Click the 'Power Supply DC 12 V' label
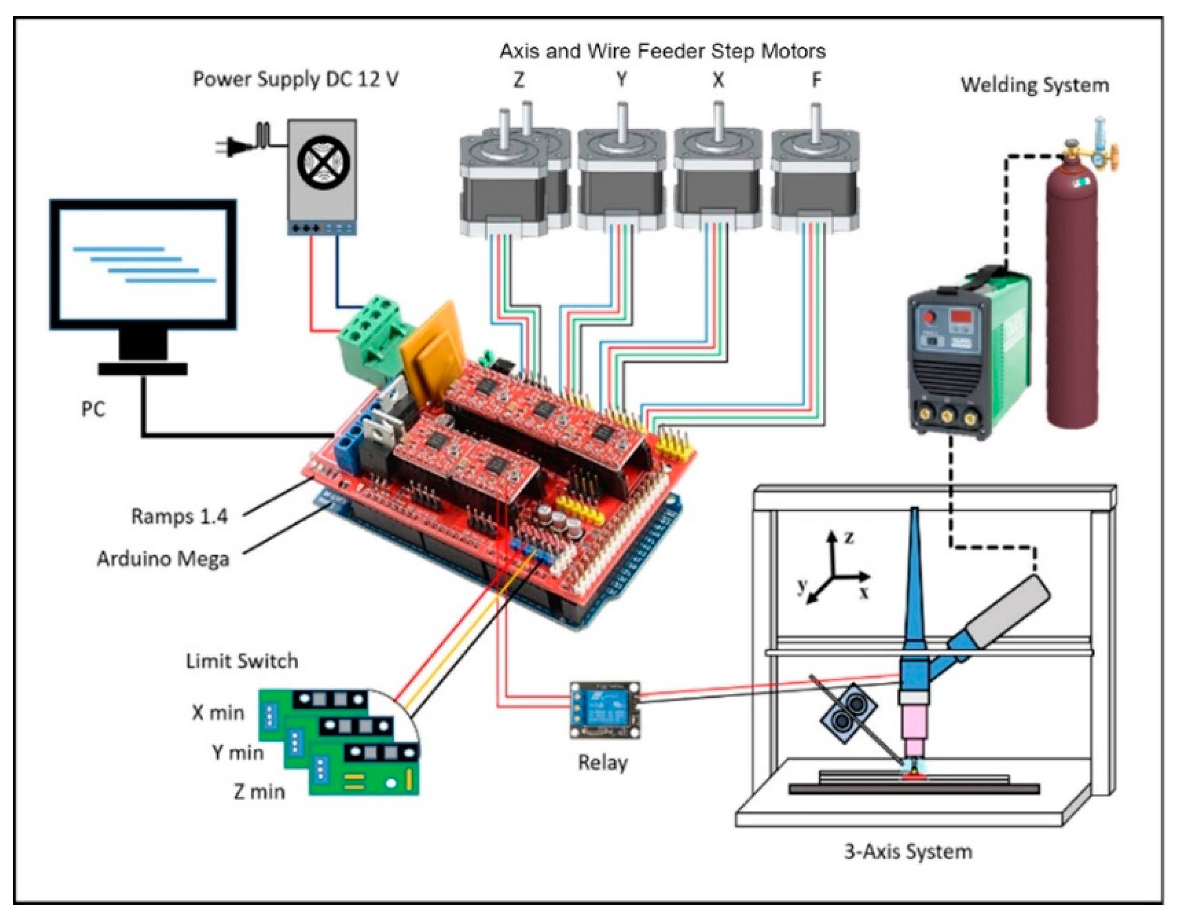[x=296, y=80]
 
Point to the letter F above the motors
[x=816, y=80]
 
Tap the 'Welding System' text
[x=1035, y=85]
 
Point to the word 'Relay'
[x=603, y=763]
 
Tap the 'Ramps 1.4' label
[x=179, y=516]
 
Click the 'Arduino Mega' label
[x=163, y=559]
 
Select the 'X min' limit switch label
[x=218, y=713]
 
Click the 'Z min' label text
[x=259, y=791]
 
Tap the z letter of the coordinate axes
[x=849, y=537]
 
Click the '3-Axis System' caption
[x=908, y=851]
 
